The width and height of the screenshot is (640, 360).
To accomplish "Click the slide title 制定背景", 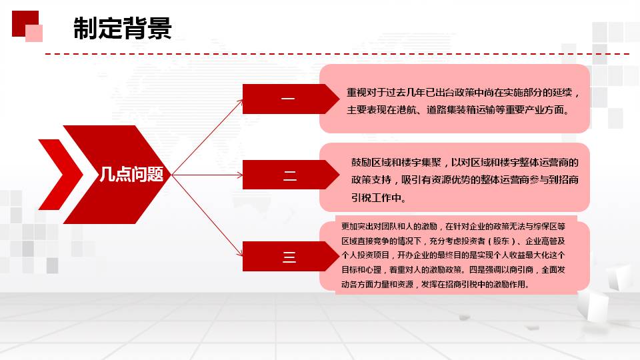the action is (123, 28).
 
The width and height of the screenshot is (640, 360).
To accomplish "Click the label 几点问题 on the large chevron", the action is (131, 174).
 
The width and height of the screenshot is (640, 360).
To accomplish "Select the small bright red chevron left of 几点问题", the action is (61, 175).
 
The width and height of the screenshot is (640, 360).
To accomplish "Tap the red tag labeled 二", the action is (291, 175).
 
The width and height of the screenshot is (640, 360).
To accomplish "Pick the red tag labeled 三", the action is (291, 256).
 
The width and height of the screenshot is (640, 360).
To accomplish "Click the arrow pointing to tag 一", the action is (207, 137).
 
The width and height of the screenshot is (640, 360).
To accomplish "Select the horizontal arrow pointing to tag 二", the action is (207, 175).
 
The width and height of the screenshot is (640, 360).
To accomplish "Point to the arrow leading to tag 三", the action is (207, 215).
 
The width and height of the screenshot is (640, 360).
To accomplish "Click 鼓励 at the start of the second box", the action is (361, 163).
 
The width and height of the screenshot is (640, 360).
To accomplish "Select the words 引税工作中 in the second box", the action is (376, 198).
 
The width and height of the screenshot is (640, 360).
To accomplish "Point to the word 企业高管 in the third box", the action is (541, 241).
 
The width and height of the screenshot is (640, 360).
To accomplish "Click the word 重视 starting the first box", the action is (356, 92).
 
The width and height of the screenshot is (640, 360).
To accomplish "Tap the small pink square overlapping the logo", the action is (34, 33).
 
